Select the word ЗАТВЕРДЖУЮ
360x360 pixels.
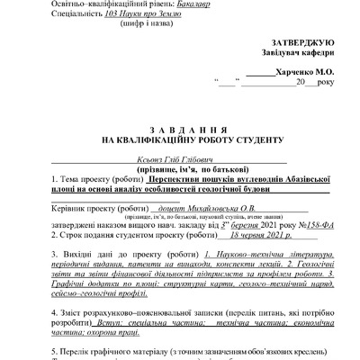click(301, 43)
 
